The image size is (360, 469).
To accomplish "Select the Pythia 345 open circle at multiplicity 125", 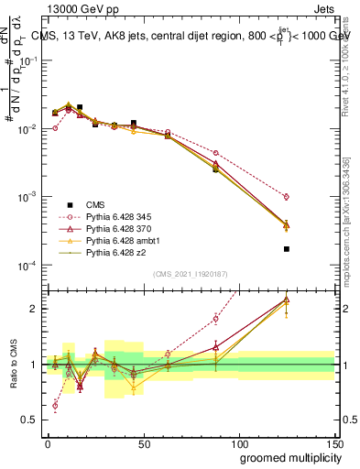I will tap(287, 196).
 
